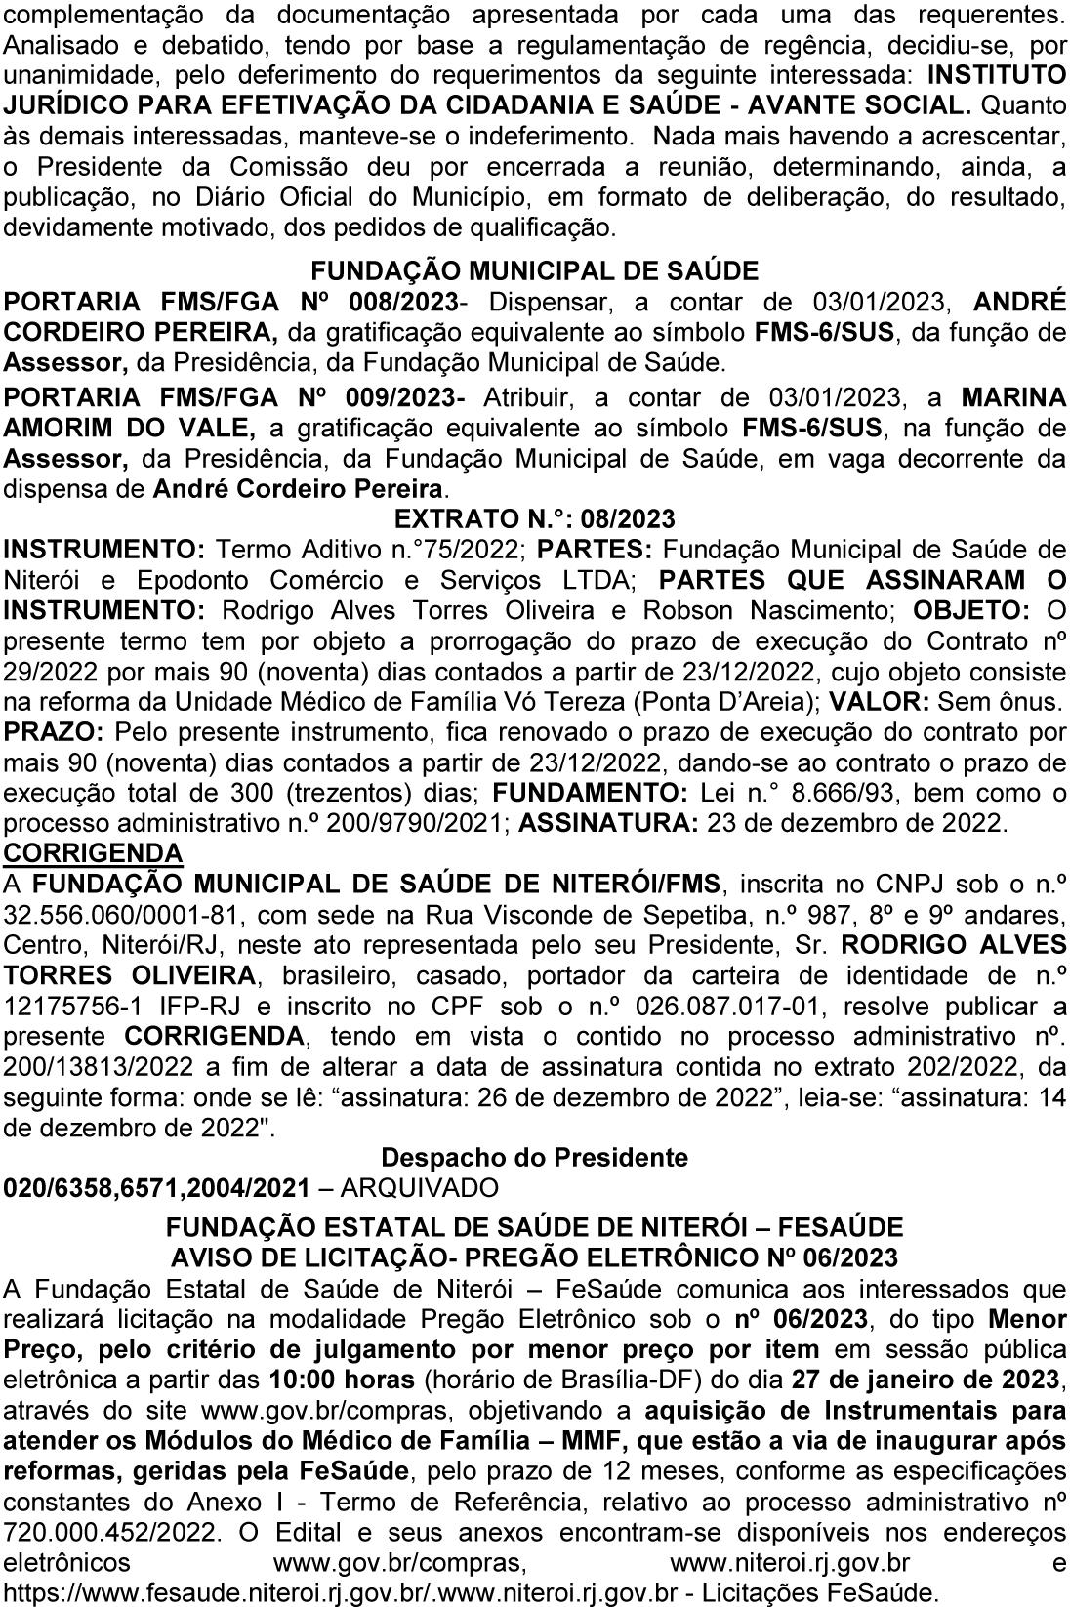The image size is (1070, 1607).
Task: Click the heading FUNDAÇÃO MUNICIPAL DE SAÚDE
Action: coord(534,270)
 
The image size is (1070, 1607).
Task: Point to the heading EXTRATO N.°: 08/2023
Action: coord(534,517)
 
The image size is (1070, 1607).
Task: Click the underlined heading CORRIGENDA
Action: coord(94,852)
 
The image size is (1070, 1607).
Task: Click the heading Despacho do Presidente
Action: coord(534,1158)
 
